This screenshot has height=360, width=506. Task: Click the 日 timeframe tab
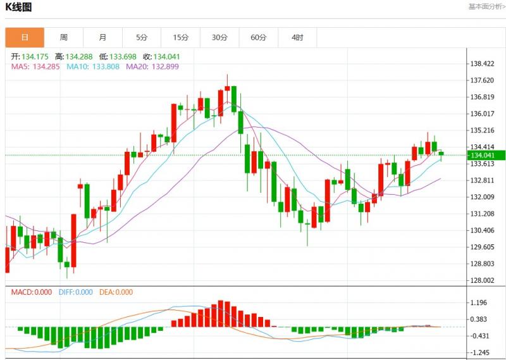point(25,37)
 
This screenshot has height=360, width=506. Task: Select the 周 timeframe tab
point(64,37)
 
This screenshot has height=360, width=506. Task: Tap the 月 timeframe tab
point(102,37)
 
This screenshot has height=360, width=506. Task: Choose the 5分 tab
point(142,37)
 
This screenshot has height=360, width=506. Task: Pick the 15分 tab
point(180,37)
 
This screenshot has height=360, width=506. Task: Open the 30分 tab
point(219,37)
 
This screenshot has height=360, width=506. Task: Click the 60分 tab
point(258,37)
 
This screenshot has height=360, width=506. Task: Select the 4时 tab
point(297,37)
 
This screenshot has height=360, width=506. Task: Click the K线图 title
point(18,8)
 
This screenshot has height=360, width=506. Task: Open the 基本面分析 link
point(486,6)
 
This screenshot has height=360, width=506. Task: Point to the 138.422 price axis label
point(482,64)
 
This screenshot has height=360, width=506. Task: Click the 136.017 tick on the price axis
point(482,114)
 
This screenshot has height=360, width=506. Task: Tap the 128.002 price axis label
point(482,281)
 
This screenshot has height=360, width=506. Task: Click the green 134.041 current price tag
point(485,155)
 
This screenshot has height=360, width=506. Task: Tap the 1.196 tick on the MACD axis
point(478,303)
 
